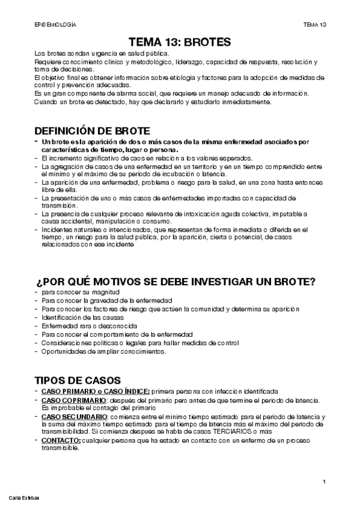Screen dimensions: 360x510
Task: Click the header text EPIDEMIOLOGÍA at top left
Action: (x=55, y=25)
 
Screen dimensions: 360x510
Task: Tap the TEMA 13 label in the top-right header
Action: (x=314, y=25)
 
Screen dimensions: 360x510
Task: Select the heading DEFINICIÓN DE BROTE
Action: (x=93, y=132)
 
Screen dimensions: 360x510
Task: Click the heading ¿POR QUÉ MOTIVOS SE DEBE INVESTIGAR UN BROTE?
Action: (x=176, y=283)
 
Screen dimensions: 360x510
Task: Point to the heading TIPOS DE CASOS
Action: (x=78, y=380)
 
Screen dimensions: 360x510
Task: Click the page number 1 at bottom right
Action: (x=324, y=481)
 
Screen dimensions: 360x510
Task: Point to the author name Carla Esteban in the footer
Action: (x=23, y=498)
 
